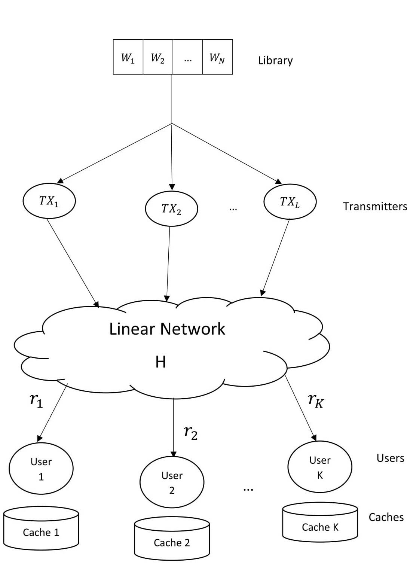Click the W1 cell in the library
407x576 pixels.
[x=128, y=57]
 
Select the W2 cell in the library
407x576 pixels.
[x=158, y=57]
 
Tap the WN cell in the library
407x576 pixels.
[x=218, y=57]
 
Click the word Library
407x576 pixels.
[x=275, y=61]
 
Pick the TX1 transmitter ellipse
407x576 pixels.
[x=49, y=201]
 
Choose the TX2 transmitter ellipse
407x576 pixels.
[x=171, y=208]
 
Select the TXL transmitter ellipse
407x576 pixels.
[x=290, y=202]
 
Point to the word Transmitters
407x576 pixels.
[x=375, y=207]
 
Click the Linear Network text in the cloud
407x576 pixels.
[x=167, y=329]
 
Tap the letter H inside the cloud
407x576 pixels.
[x=160, y=362]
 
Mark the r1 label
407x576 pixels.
[x=36, y=400]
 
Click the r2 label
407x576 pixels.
[x=191, y=433]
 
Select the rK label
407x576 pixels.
[x=316, y=400]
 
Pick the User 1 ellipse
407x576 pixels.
[x=41, y=469]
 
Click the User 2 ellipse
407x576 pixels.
[x=172, y=482]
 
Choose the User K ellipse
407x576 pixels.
[x=320, y=467]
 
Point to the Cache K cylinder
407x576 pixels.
[x=320, y=524]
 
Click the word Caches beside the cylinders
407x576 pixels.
[x=386, y=517]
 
